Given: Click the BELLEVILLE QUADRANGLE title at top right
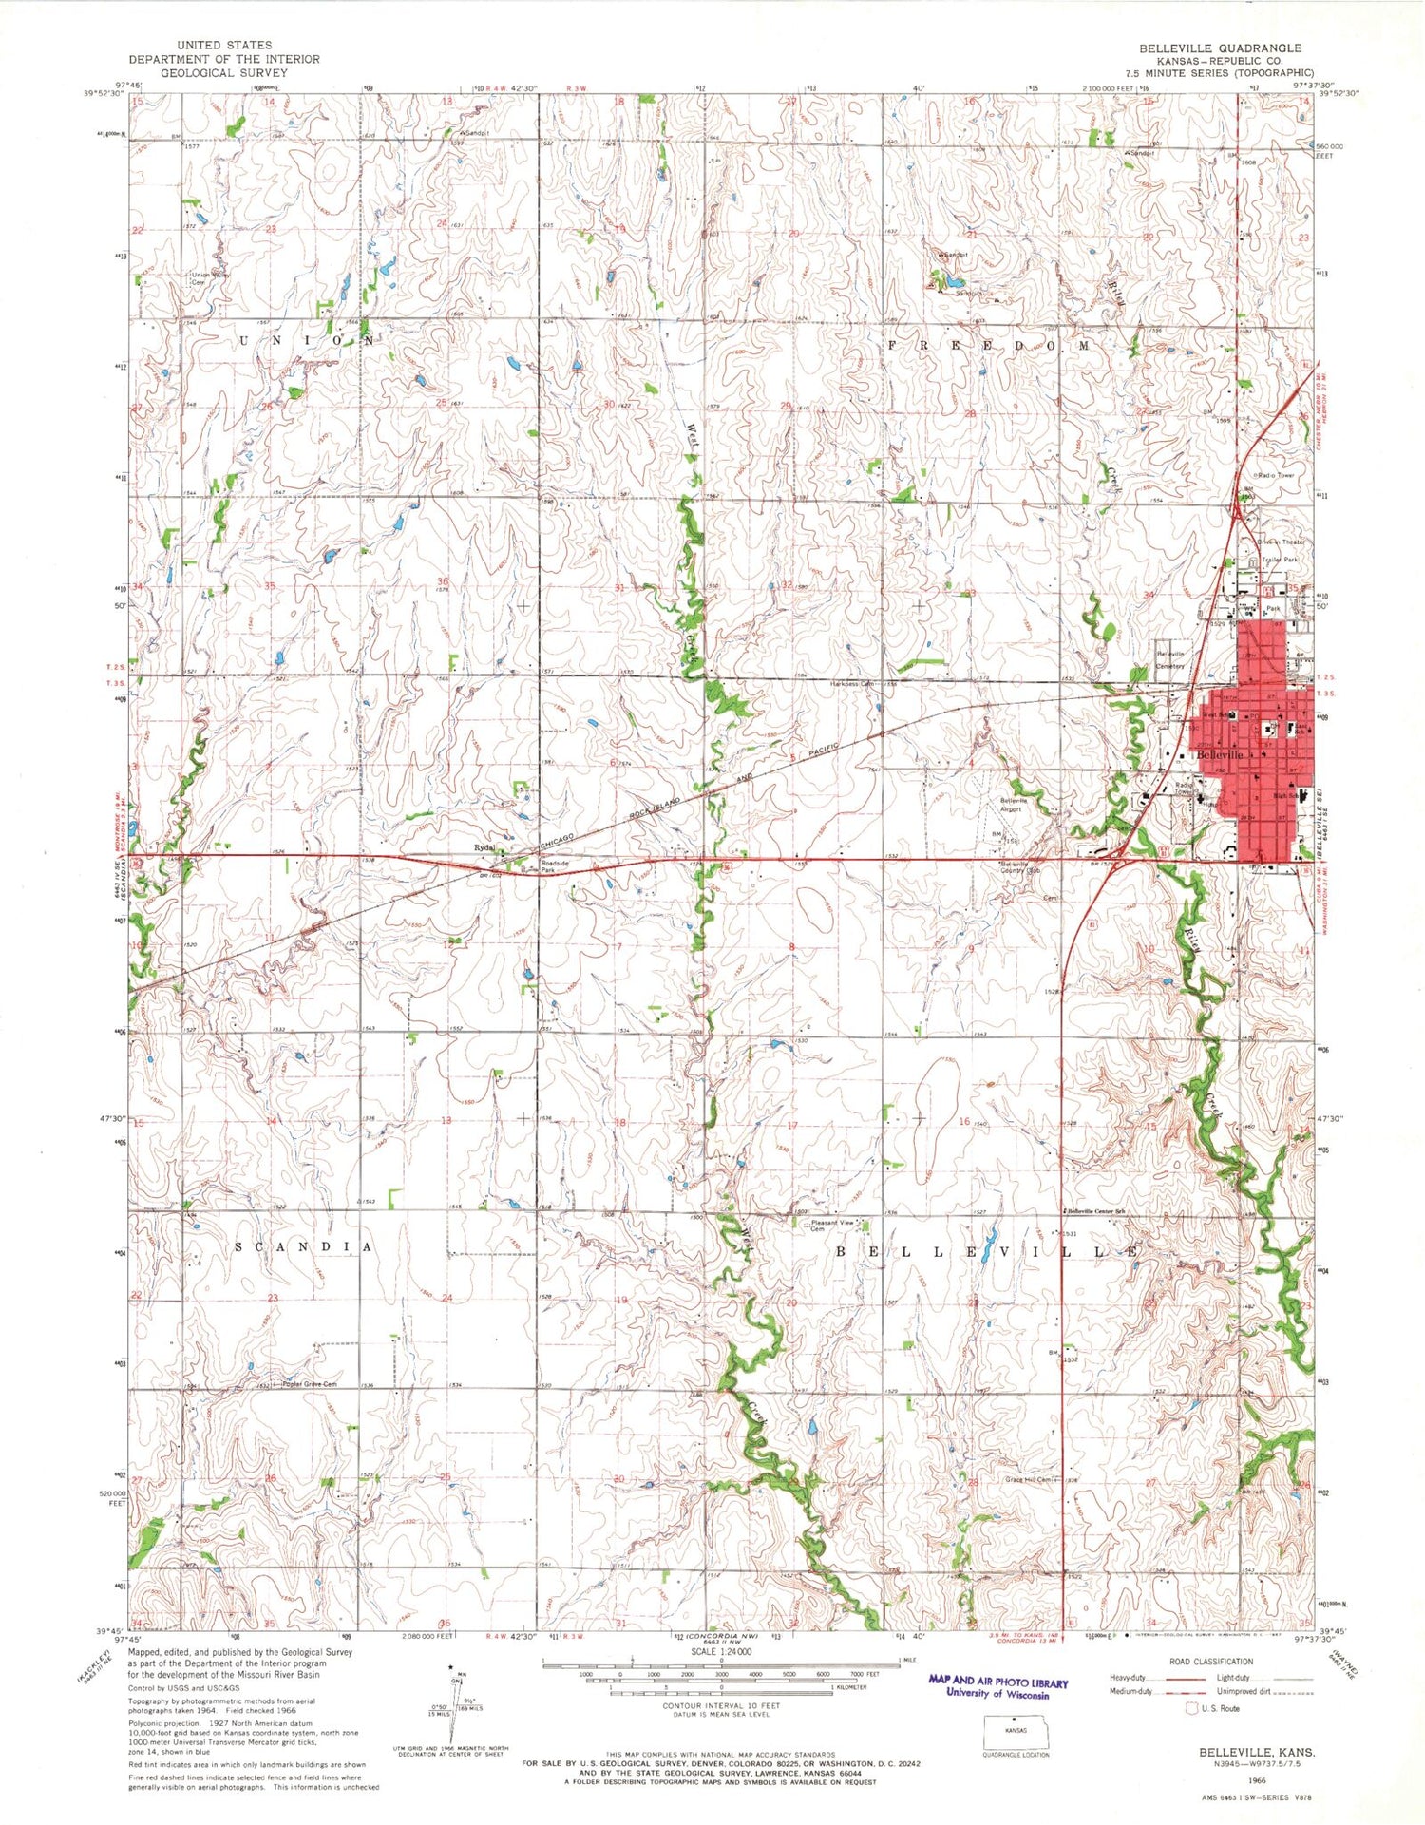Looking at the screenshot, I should tap(1222, 48).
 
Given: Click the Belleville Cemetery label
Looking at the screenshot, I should tap(1170, 659).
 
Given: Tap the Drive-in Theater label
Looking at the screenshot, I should tap(1282, 542).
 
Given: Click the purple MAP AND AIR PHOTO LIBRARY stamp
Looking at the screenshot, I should tap(997, 1687).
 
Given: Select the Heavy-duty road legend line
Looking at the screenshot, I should tap(1179, 1678).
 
